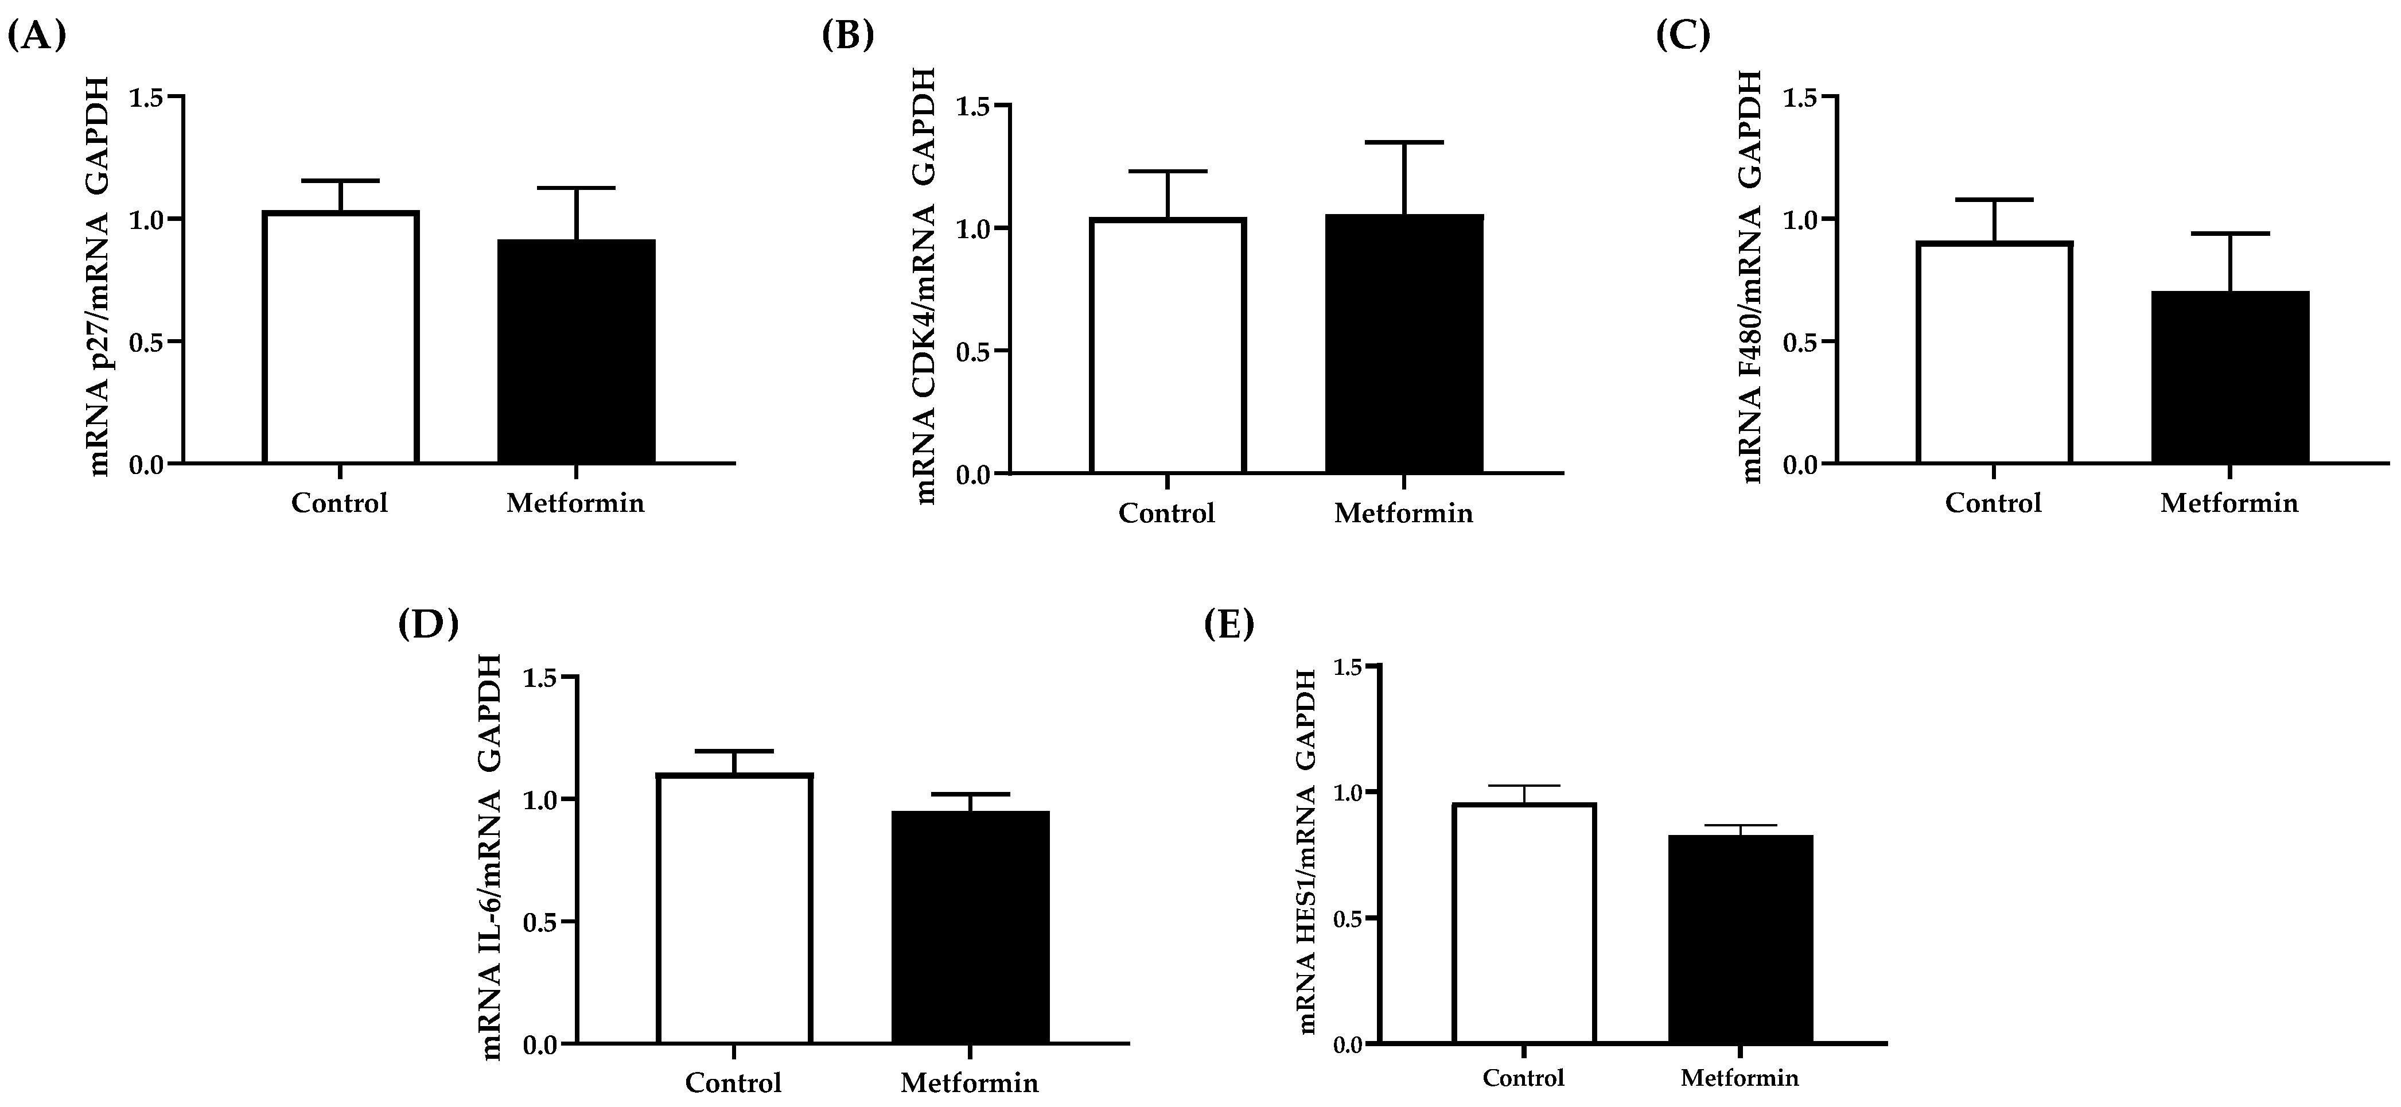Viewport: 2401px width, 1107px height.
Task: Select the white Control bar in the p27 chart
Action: coord(340,337)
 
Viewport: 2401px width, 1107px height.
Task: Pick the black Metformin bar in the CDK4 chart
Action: coord(1404,345)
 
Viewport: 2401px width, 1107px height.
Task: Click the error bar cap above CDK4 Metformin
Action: coord(1404,143)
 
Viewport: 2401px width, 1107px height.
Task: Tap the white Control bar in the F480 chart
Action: coord(1994,352)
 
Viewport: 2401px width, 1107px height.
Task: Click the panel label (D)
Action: coord(428,623)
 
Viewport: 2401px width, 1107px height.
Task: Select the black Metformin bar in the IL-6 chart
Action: coord(970,926)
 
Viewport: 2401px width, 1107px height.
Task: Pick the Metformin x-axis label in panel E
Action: coord(1740,1079)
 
